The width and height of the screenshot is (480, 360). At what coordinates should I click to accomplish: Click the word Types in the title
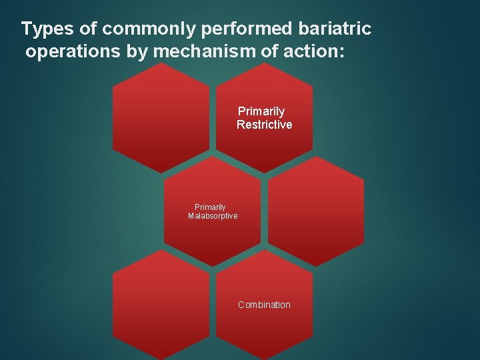click(43, 30)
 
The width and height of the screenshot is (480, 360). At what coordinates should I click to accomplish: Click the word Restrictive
click(264, 125)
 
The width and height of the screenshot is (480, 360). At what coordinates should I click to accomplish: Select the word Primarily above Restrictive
click(261, 111)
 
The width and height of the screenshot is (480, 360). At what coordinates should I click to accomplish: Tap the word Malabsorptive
click(213, 216)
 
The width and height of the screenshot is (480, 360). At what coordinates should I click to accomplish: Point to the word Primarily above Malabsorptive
click(210, 207)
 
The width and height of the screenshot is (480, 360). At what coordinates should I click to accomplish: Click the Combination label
click(264, 305)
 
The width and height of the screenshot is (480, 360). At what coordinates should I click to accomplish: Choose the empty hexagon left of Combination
click(161, 305)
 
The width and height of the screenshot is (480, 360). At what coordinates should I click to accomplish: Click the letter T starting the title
click(26, 29)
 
